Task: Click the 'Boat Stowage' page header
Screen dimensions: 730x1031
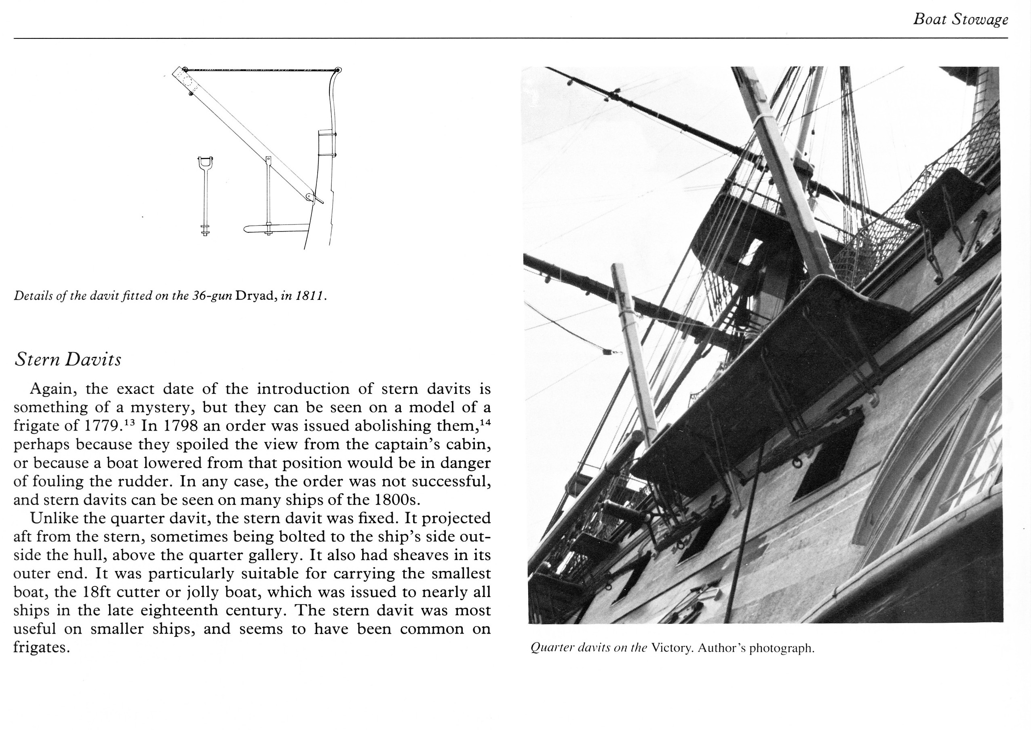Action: tap(961, 20)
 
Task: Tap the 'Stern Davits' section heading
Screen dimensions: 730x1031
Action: tap(68, 360)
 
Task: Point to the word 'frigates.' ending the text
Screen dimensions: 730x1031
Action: tap(42, 648)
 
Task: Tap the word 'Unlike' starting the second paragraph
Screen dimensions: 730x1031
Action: tap(54, 518)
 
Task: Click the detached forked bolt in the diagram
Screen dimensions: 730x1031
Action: tap(205, 196)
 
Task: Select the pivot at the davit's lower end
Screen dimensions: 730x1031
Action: tap(310, 197)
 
